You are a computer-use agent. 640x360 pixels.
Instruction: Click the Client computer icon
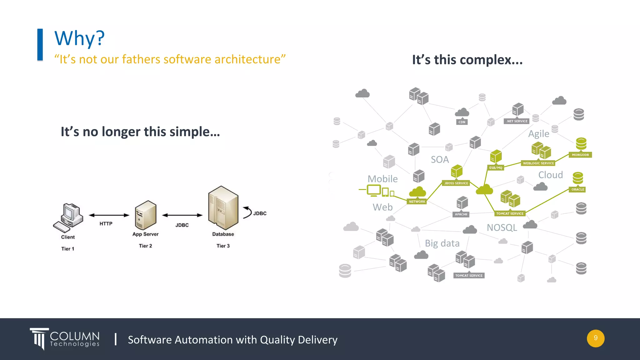[x=69, y=217]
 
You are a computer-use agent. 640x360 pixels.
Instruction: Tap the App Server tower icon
[x=145, y=215]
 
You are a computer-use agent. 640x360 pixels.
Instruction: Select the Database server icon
[x=223, y=208]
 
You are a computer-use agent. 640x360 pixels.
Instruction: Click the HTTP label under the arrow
[x=106, y=224]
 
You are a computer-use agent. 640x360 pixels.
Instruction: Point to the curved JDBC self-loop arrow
[x=248, y=212]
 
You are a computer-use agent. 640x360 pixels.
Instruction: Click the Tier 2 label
[x=145, y=246]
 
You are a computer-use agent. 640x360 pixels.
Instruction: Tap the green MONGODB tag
[x=580, y=155]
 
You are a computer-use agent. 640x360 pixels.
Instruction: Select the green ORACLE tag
[x=577, y=189]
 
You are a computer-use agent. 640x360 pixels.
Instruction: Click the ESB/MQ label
[x=496, y=168]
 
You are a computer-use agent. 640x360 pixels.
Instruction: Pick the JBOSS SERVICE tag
[x=456, y=183]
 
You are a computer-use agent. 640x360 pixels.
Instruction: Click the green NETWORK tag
[x=417, y=202]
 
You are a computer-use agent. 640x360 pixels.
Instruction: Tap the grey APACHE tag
[x=461, y=214]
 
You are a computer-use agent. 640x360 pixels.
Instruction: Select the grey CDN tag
[x=462, y=122]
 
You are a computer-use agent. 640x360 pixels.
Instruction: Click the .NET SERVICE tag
[x=517, y=121]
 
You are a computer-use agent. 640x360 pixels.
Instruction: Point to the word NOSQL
[x=502, y=227]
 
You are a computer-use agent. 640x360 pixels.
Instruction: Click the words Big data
[x=442, y=243]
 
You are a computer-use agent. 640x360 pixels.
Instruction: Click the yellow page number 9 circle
[x=595, y=338]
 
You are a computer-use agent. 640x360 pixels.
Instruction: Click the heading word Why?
[x=79, y=38]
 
